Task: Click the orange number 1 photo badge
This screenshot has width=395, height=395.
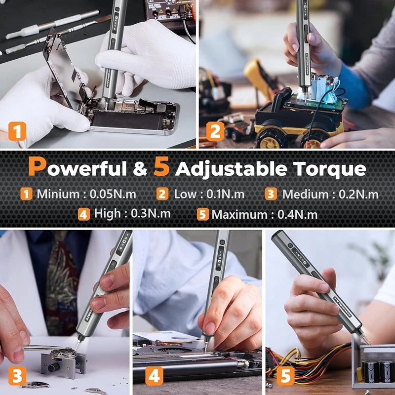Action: (17, 132)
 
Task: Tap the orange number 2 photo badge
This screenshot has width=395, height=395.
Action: (215, 131)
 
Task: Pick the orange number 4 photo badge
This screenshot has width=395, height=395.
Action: (154, 376)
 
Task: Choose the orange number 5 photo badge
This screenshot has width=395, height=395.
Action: (285, 376)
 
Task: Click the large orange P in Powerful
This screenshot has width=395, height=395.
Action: (38, 167)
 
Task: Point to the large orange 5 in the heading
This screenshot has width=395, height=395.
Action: (161, 167)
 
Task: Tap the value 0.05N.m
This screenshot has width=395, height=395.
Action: (113, 194)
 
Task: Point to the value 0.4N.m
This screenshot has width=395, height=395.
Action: (297, 214)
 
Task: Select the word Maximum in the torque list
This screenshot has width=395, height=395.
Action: (238, 214)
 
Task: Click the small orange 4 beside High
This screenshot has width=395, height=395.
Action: (83, 214)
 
